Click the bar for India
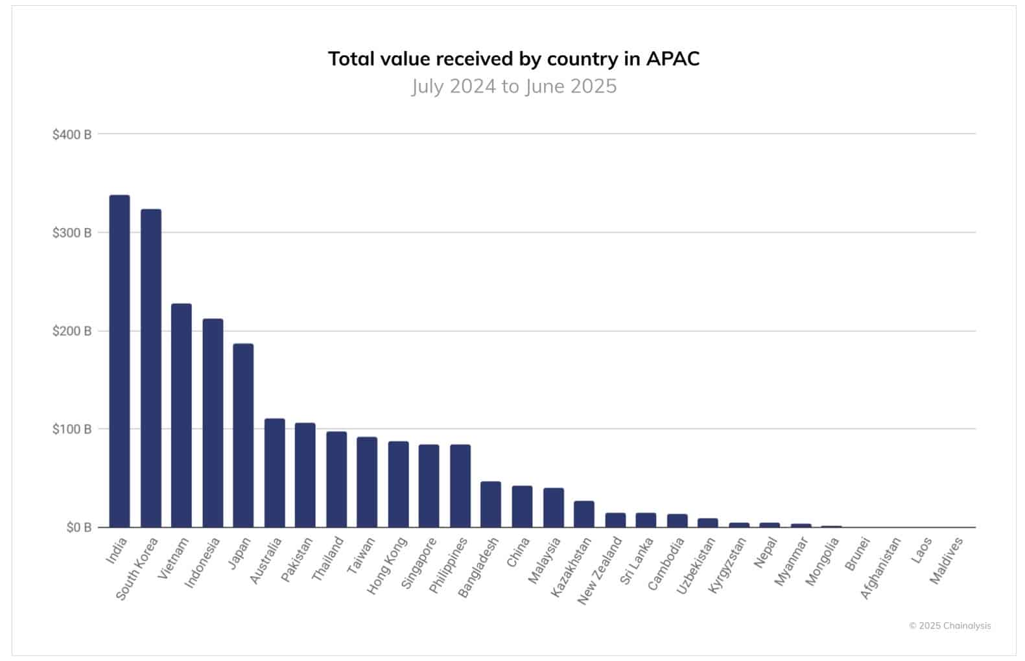point(119,361)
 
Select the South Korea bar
point(150,368)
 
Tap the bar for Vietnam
point(182,415)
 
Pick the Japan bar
point(243,435)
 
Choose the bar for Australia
point(274,473)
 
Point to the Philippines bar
point(460,486)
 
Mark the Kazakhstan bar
point(584,514)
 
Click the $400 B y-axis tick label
point(72,135)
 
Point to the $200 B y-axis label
point(72,331)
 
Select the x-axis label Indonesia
point(203,562)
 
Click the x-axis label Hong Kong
point(387,564)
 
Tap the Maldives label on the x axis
point(947,561)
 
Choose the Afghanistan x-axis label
point(880,568)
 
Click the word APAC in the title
point(672,59)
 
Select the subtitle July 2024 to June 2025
point(513,86)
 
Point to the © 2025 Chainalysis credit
point(950,625)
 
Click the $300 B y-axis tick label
point(72,233)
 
